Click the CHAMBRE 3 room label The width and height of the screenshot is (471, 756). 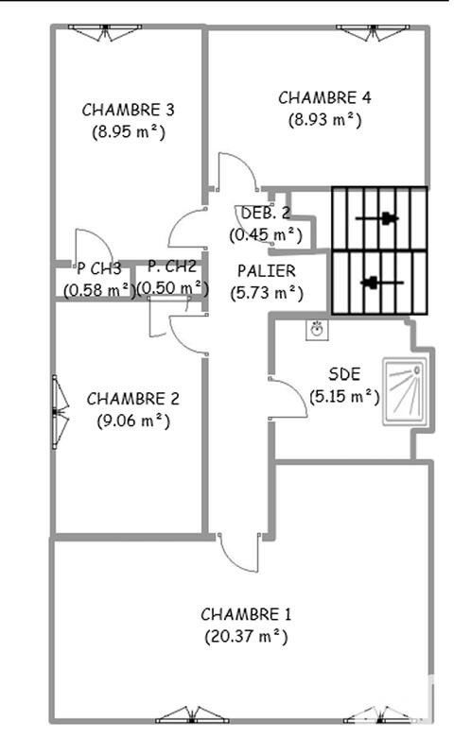coord(128,109)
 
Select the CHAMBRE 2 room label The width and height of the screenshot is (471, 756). coord(132,399)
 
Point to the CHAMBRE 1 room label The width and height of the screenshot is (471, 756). coord(246,614)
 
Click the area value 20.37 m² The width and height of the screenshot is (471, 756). coord(246,637)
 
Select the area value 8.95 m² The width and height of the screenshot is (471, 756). coord(129,132)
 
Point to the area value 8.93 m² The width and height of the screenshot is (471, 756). coord(324,120)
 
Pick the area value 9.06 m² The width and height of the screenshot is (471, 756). coord(133,421)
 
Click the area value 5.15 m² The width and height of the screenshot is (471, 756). coord(344,397)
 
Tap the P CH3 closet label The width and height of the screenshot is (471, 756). coord(99,267)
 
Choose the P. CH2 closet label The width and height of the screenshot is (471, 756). coord(172,266)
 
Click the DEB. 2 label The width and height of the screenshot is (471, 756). coord(266,213)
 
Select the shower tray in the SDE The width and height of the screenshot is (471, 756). coord(404,389)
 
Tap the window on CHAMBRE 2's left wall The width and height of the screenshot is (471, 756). coord(60,410)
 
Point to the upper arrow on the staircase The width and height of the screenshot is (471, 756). coord(377,219)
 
